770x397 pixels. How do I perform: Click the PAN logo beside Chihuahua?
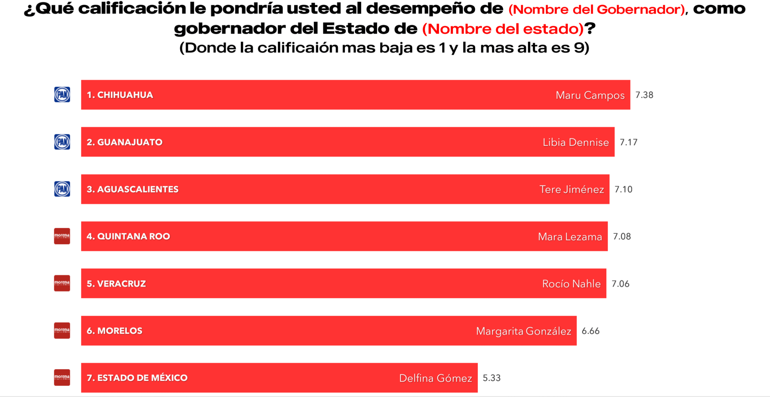pos(62,95)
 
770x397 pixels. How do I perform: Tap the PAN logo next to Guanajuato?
pos(62,142)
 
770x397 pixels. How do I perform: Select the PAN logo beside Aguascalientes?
pos(62,189)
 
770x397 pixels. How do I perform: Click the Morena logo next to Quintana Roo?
pos(62,236)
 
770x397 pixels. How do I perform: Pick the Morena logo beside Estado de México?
pos(62,377)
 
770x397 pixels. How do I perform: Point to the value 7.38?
pos(644,95)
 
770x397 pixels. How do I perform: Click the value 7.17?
pos(628,142)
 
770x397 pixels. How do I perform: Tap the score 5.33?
pos(491,378)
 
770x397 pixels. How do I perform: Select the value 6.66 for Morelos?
pos(590,331)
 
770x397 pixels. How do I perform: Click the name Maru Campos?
pos(590,95)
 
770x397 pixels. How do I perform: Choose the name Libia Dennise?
pos(576,142)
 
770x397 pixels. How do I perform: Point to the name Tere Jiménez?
pos(571,190)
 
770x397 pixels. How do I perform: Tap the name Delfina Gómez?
pos(436,378)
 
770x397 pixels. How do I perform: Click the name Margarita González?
pos(523,331)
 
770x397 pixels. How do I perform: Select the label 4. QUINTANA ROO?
pos(128,237)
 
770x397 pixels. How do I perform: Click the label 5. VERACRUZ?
pos(116,284)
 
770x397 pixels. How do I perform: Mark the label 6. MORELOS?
pos(115,331)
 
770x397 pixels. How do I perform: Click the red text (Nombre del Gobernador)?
pos(597,10)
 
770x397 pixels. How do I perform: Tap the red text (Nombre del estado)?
pos(503,29)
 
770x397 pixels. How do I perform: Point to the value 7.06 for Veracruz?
pos(620,284)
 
